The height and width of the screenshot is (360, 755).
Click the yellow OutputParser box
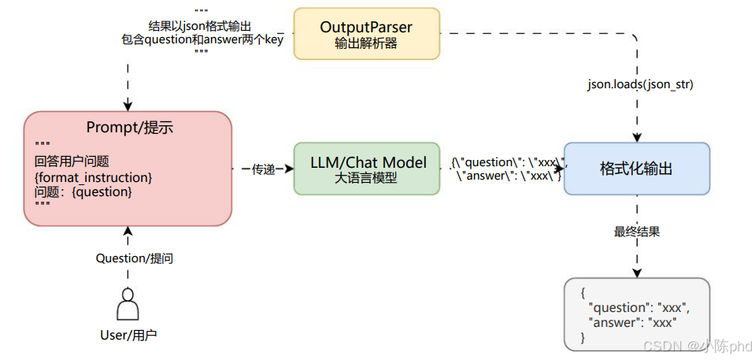[x=365, y=34]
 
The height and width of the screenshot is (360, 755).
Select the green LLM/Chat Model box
[x=365, y=169]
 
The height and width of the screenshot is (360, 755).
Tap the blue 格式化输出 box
[x=636, y=169]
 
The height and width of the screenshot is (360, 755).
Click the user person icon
[x=128, y=304]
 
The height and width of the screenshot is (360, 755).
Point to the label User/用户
[x=128, y=335]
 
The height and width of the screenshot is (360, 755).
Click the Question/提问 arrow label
[x=128, y=258]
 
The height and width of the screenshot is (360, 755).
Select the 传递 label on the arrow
[x=263, y=169]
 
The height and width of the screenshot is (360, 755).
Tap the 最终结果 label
[x=637, y=232]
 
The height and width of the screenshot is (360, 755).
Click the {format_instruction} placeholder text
[x=93, y=177]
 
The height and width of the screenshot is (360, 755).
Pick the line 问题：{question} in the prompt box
[x=83, y=191]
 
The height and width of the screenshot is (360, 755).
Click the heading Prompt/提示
[x=128, y=128]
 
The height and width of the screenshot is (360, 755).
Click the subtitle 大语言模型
[x=365, y=178]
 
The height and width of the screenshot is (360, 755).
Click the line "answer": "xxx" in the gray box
[x=632, y=322]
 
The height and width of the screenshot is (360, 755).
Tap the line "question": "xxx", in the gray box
[x=638, y=308]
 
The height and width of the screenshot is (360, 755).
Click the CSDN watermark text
[x=698, y=347]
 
